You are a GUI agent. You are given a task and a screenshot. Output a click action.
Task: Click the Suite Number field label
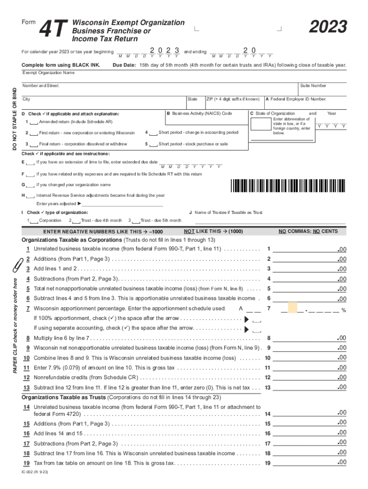coord(313,86)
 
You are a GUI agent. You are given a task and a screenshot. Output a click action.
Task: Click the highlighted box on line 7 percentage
coord(292,308)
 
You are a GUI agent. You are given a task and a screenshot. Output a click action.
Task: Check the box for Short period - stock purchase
coord(153,144)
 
